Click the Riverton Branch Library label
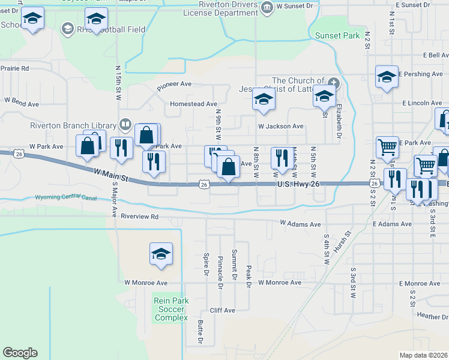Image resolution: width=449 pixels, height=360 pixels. [74, 125]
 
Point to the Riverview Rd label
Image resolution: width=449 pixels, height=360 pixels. [139, 216]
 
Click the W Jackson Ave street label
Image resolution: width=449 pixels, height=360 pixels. [280, 127]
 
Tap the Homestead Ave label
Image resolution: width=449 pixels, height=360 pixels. [193, 104]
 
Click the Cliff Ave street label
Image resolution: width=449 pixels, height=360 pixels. [222, 310]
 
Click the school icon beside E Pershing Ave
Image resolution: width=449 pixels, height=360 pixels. [387, 76]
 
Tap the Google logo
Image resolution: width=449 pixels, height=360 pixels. [20, 353]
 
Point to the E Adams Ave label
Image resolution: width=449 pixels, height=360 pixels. [391, 224]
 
